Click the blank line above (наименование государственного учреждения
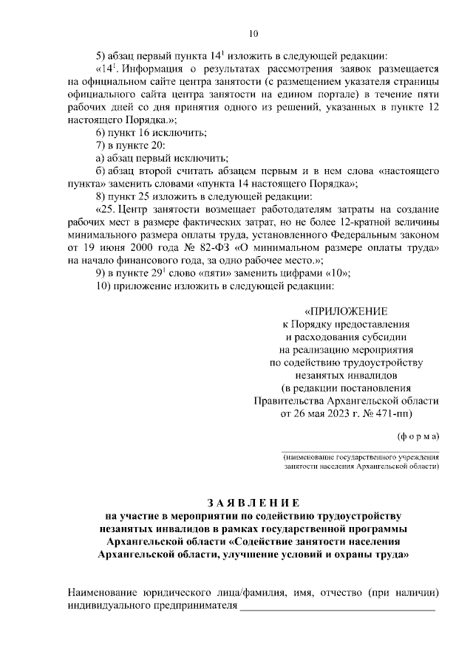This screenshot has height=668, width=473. (x=360, y=450)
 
